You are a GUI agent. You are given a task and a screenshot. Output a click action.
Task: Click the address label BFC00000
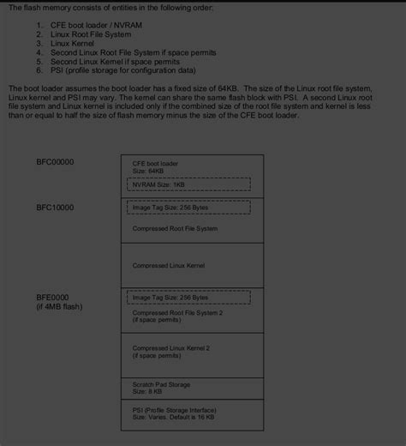tap(54, 161)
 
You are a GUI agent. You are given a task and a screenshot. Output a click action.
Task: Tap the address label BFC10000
tap(54, 208)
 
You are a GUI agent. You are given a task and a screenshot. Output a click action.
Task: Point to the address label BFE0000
tap(52, 297)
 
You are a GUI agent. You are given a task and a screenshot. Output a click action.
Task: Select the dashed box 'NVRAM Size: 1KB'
tap(188, 184)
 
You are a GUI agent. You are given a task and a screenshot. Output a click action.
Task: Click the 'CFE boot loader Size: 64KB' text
tap(154, 166)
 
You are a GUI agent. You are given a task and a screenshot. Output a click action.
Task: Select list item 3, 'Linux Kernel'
tap(77, 43)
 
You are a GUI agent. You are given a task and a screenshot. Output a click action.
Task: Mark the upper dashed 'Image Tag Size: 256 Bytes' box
tap(188, 207)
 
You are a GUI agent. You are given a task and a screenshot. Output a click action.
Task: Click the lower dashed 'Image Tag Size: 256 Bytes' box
tap(188, 297)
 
